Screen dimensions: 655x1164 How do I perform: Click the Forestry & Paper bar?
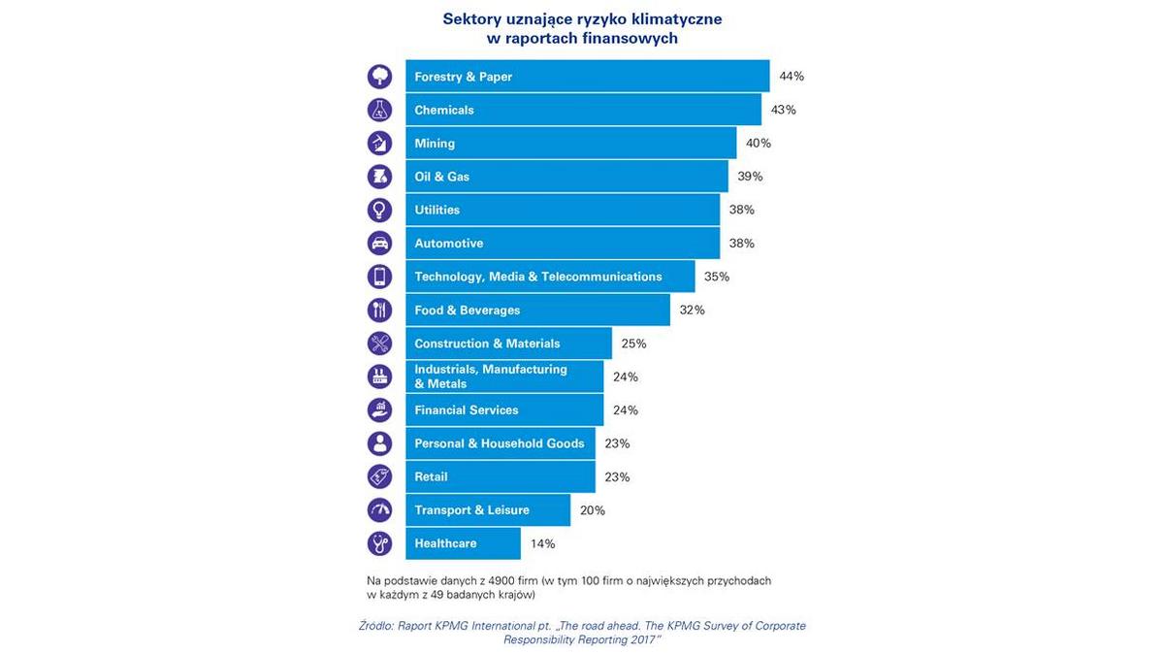coord(587,77)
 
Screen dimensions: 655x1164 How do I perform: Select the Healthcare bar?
coord(463,543)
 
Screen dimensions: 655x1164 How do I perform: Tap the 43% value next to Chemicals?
coord(783,110)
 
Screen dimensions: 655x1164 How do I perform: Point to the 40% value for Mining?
coord(759,144)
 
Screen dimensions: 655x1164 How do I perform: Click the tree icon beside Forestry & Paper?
coord(379,77)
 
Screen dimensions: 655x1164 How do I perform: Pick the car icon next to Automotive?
coord(379,244)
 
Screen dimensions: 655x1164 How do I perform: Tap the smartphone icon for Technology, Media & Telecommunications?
coord(379,277)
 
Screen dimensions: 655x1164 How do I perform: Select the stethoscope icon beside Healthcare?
coord(379,543)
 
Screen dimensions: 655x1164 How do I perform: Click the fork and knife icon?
coord(379,311)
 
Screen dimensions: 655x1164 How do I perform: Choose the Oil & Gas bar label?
coord(442,177)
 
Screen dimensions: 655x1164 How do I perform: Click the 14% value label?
coord(542,543)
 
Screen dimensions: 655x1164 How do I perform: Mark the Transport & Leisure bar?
coord(487,510)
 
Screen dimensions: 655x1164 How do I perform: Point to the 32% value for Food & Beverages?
coord(693,311)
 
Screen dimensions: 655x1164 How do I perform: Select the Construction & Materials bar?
coord(508,344)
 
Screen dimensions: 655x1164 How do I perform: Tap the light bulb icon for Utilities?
coord(379,210)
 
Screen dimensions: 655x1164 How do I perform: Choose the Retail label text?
coord(431,477)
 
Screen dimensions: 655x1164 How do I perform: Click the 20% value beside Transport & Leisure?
coord(593,510)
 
